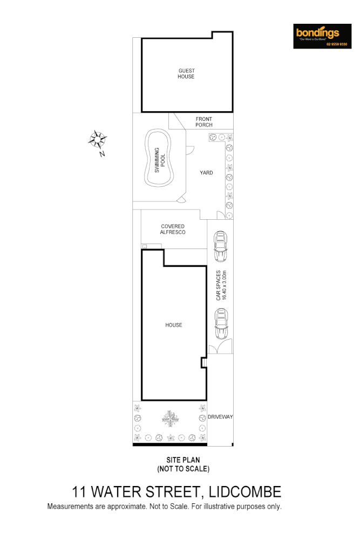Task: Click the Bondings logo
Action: point(322,36)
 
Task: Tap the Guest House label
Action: point(186,74)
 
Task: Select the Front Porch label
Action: point(204,122)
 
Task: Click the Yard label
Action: point(206,173)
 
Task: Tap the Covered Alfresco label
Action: point(173,230)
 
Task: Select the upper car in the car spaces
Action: point(220,246)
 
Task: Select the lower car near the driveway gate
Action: point(221,323)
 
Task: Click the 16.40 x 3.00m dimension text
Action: point(225,285)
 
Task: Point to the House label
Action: point(174,325)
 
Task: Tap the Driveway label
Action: point(220,417)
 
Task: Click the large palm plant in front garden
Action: point(171,417)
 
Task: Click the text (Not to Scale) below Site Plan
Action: point(183,469)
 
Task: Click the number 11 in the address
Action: point(80,492)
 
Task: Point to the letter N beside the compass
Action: point(102,154)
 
